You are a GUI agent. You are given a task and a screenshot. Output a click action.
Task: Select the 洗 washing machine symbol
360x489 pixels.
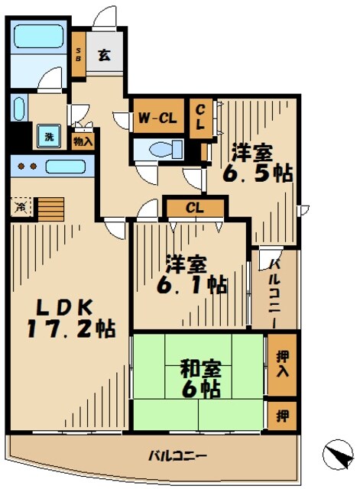point(49,137)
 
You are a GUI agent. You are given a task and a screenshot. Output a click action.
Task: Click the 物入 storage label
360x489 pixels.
point(83,140)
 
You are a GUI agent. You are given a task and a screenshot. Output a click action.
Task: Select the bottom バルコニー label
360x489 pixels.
point(177,456)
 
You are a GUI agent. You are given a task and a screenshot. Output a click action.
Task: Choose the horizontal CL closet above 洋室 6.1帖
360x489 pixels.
point(195,206)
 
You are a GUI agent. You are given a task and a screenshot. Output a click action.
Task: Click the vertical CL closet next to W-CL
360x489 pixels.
point(199,118)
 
